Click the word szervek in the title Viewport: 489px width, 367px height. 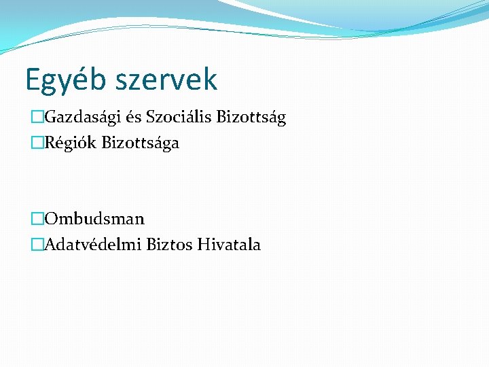coord(166,80)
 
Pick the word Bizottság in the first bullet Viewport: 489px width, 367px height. coord(251,118)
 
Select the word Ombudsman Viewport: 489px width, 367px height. coord(94,219)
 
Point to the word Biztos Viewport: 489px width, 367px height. coord(169,245)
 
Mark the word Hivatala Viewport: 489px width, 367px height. coord(229,245)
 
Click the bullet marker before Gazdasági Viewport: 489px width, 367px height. coord(37,118)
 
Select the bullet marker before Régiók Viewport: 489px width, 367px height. coord(37,143)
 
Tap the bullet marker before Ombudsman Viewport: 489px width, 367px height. coord(37,219)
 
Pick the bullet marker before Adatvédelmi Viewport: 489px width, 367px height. coord(37,245)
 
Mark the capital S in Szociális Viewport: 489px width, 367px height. coord(148,117)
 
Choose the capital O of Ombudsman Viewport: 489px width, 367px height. coord(52,219)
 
